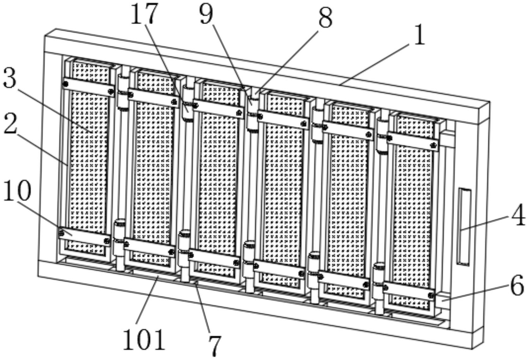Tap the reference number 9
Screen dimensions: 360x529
[x=206, y=14]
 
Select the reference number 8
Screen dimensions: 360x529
[x=325, y=18]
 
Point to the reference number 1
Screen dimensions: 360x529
[x=419, y=35]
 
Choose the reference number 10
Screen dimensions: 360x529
[x=17, y=191]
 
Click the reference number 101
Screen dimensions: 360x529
[x=144, y=340]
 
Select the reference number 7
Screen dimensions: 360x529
[x=215, y=346]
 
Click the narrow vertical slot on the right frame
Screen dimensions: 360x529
[x=464, y=226]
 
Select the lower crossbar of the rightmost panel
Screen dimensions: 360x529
[x=408, y=291]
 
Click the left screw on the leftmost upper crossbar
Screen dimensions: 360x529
[x=66, y=84]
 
